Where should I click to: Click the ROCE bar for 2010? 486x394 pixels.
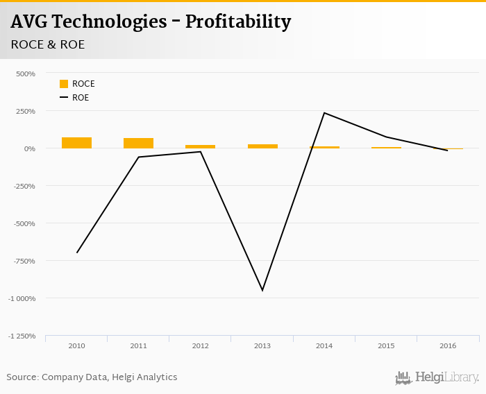76,143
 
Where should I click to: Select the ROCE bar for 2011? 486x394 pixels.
138,143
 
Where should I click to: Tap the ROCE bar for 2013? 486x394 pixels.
262,146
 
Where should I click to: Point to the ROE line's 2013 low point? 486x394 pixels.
262,290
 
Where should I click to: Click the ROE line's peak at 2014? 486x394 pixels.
324,113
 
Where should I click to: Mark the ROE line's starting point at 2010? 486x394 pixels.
76,252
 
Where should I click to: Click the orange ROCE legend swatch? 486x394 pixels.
64,84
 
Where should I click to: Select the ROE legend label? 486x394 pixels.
81,98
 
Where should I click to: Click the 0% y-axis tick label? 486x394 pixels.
29,148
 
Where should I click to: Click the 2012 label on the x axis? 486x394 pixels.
200,345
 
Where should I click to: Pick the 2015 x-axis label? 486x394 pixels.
386,345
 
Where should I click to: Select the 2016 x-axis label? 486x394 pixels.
448,345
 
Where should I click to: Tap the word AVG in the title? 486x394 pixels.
33,22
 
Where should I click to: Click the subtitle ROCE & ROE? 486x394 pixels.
47,44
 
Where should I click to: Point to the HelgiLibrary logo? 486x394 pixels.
437,378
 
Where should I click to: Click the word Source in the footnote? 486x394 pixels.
22,377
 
